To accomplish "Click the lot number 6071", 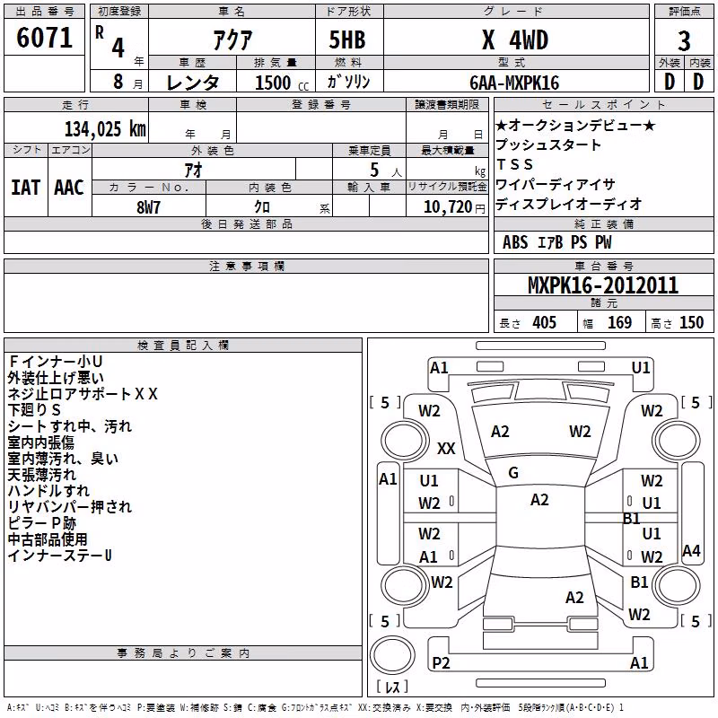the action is pos(44,38).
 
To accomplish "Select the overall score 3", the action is pos(684,41).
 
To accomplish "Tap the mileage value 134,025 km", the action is pos(105,128).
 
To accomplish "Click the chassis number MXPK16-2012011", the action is pos(603,285).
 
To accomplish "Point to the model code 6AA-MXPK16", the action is pos(514,83).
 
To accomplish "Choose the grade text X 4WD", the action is pos(515,39).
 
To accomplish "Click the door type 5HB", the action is pos(347,39).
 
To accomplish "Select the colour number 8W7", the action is pos(148,207).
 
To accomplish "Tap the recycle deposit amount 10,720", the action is pos(447,207).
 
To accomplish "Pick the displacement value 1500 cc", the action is pos(282,83).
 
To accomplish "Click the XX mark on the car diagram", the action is pos(446,448).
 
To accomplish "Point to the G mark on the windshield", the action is pos(513,473).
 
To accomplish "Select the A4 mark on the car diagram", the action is pos(691,550).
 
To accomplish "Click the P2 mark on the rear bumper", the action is pos(441,662).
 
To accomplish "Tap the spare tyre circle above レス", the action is pos(392,655).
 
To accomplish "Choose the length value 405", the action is pos(544,322).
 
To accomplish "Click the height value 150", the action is pos(691,322).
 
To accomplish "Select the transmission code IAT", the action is pos(26,188).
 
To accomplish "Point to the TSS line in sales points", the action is pos(514,164).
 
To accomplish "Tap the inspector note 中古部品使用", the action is pos(48,539).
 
